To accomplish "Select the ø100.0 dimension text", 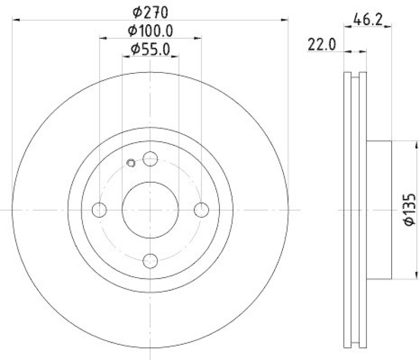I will (150, 31).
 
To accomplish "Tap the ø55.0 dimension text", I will (150, 50).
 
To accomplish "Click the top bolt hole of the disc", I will (150, 158).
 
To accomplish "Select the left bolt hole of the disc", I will (99, 210).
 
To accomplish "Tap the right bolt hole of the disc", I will (202, 210).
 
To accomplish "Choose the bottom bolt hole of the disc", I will (150, 261).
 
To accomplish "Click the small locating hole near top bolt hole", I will (132, 163).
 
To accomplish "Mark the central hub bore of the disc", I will (150, 210).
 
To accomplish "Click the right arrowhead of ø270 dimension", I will (286, 20).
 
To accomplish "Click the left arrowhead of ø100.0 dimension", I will (102, 38).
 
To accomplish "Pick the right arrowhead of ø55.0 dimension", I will (176, 57).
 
